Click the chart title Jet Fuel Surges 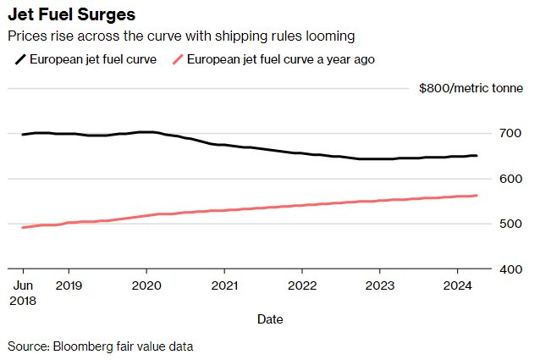point(72,15)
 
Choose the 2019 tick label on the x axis point(69,285)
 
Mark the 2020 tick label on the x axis point(146,285)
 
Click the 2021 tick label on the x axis point(224,285)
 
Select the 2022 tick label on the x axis point(302,285)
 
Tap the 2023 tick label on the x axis point(380,285)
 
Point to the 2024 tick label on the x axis point(458,285)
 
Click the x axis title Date point(270,319)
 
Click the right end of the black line point(477,156)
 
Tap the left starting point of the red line point(23,227)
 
